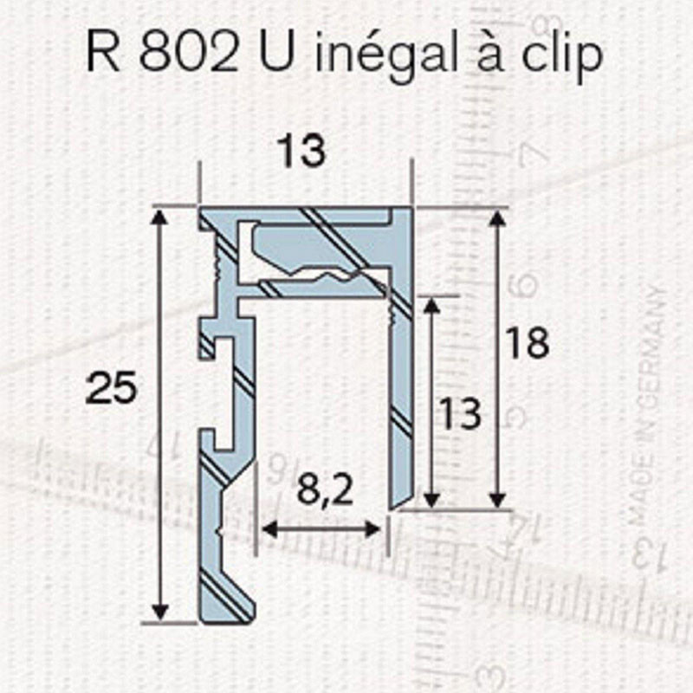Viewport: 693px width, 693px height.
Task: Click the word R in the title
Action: tap(101, 54)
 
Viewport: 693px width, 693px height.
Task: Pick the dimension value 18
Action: tap(528, 344)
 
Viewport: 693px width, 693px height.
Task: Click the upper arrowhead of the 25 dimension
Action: tap(158, 217)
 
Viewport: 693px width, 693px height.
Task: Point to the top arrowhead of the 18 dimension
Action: tap(496, 217)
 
